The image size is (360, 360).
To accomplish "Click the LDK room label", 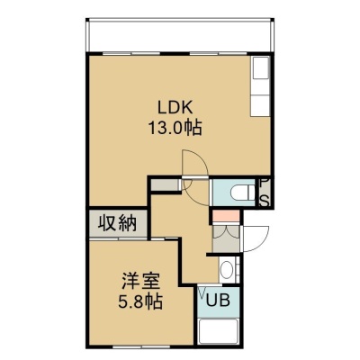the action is pyautogui.click(x=175, y=108).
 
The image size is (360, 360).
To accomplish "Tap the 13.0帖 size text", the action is pyautogui.click(x=175, y=128).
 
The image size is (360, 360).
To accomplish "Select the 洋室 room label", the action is pyautogui.click(x=140, y=282).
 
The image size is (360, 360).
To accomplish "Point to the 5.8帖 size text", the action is pyautogui.click(x=140, y=301).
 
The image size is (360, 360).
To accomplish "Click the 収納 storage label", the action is pyautogui.click(x=118, y=223).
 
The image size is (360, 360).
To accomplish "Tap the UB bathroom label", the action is pyautogui.click(x=219, y=301).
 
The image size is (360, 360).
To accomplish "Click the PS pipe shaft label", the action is pyautogui.click(x=265, y=193).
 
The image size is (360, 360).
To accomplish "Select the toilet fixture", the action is pyautogui.click(x=243, y=193).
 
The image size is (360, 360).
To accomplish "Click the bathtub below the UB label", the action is pyautogui.click(x=219, y=331).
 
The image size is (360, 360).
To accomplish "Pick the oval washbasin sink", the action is pyautogui.click(x=227, y=270).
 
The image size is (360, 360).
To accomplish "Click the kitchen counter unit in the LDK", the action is pyautogui.click(x=260, y=86).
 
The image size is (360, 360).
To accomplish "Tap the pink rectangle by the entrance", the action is pyautogui.click(x=226, y=216).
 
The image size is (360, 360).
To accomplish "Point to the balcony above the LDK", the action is pyautogui.click(x=180, y=36).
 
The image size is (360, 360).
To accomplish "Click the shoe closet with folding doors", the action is pyautogui.click(x=226, y=238).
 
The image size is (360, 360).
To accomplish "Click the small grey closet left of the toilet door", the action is pyautogui.click(x=165, y=185).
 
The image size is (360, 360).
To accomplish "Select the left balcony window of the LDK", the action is pyautogui.click(x=130, y=54).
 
